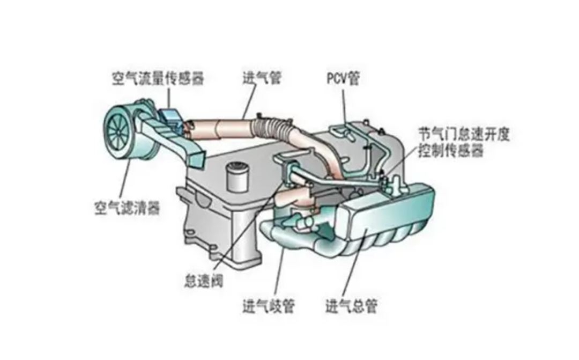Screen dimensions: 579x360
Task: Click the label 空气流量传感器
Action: click(158, 79)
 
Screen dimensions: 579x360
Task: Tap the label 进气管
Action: click(262, 78)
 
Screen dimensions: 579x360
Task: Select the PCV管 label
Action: click(343, 78)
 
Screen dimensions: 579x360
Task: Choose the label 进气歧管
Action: click(269, 306)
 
